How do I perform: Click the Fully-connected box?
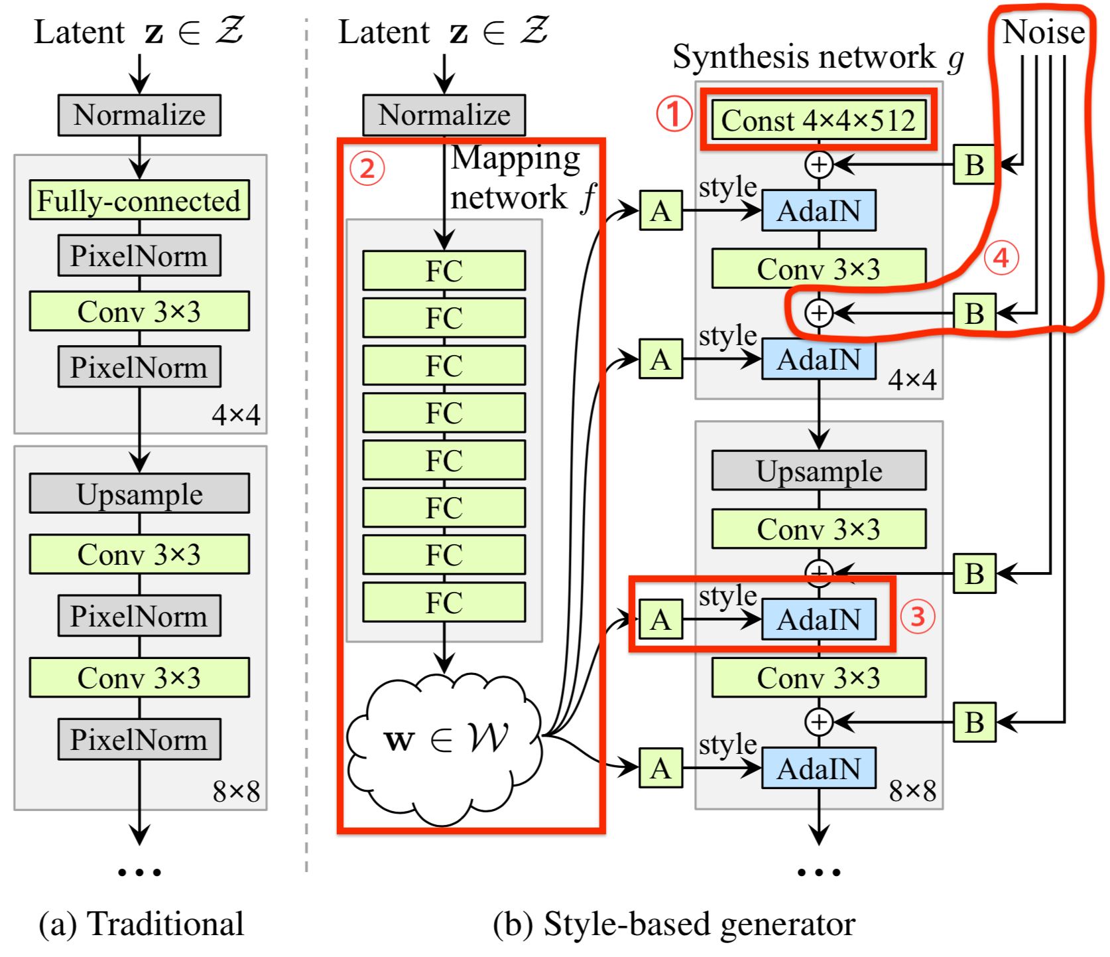point(139,200)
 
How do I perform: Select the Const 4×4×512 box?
point(818,120)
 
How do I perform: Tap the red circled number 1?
point(674,113)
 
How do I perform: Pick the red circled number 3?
point(917,617)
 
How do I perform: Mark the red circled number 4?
point(1001,258)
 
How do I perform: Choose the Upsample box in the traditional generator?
point(139,493)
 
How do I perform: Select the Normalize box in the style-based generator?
point(444,115)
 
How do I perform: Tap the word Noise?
point(1043,32)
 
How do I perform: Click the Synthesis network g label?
point(818,57)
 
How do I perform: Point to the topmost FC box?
point(444,270)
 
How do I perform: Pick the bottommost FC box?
point(444,602)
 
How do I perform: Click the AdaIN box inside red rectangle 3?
point(818,619)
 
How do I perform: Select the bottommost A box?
point(660,768)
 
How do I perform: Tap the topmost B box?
point(974,165)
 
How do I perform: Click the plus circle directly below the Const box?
point(819,165)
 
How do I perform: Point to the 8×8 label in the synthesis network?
point(912,790)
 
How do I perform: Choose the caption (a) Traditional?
point(141,923)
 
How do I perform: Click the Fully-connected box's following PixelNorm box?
point(139,256)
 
